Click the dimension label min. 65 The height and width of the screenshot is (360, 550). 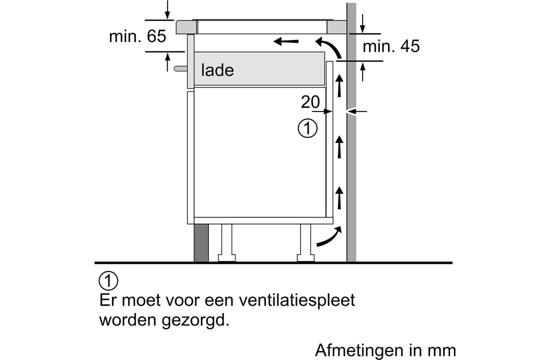[137, 37]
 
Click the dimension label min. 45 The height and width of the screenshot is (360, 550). [391, 46]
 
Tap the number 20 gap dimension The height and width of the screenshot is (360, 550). [310, 102]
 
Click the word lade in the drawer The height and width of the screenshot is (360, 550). [217, 70]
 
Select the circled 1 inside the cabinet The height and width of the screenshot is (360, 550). [307, 128]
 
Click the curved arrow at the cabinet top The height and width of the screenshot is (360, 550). [330, 46]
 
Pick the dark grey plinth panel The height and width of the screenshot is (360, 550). [201, 242]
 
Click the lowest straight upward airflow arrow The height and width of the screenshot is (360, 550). [339, 197]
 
